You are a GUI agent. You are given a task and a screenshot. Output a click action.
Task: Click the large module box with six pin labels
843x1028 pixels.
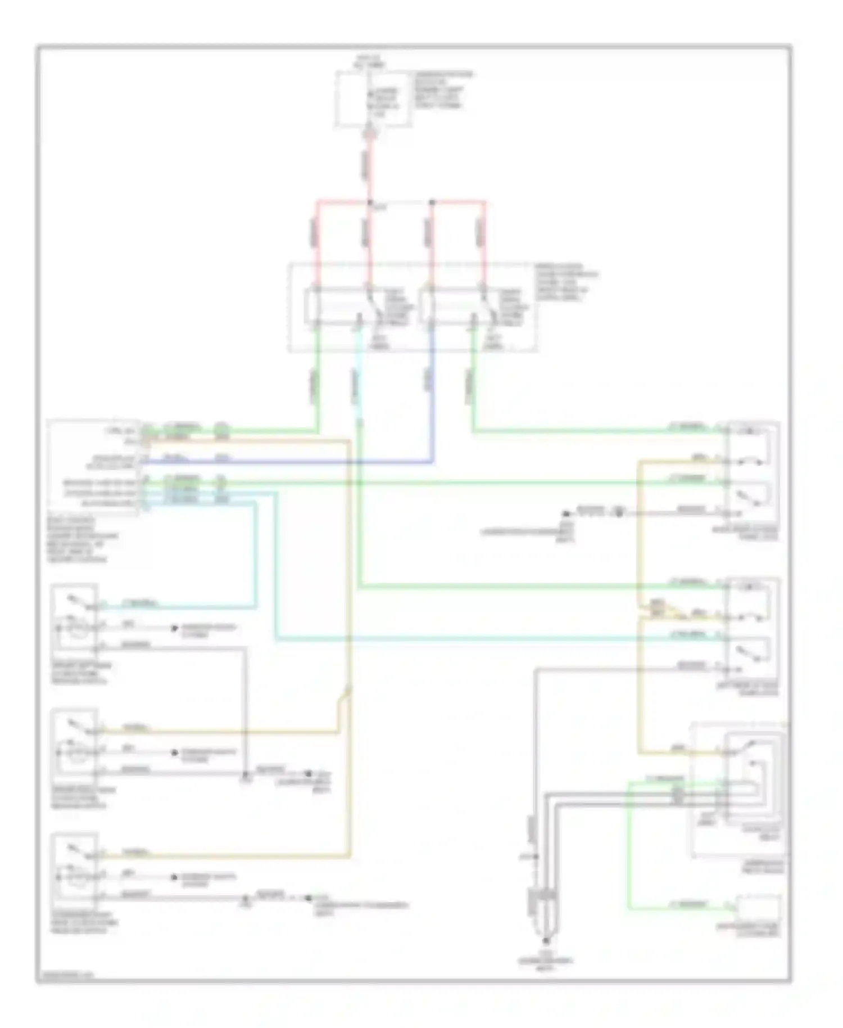(93, 467)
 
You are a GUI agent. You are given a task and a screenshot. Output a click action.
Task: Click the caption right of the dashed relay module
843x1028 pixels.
(565, 281)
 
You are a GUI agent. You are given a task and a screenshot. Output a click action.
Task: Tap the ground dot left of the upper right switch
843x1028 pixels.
(565, 512)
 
